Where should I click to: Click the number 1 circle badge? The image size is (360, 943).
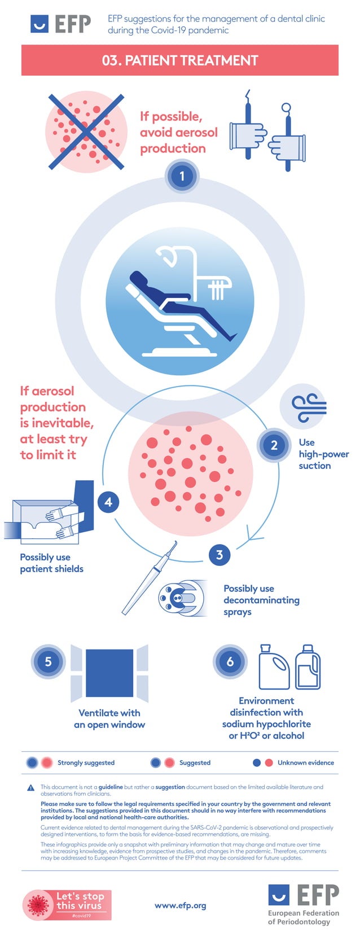coord(182,176)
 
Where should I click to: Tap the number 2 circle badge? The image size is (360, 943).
coord(274,445)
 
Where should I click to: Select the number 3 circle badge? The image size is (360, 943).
coord(219,555)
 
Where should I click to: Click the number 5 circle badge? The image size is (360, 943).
coord(48,661)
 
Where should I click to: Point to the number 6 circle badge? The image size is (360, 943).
coord(230,661)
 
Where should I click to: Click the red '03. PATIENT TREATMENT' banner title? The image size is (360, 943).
coord(180,60)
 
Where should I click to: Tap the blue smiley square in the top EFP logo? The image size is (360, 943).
coord(39,24)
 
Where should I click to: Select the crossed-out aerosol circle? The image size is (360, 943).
coord(86,132)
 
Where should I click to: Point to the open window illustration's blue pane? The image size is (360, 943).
coord(109,673)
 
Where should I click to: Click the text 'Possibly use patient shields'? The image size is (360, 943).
coord(51,563)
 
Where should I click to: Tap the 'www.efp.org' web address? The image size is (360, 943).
coord(180,905)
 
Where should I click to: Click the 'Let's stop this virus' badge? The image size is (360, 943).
coord(67,905)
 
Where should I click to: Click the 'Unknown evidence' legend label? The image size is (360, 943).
coord(305,762)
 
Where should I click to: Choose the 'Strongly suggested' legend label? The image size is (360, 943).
coord(86,762)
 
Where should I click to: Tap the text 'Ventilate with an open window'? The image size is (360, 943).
coord(109,718)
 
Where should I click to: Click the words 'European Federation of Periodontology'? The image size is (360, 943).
coord(304,917)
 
